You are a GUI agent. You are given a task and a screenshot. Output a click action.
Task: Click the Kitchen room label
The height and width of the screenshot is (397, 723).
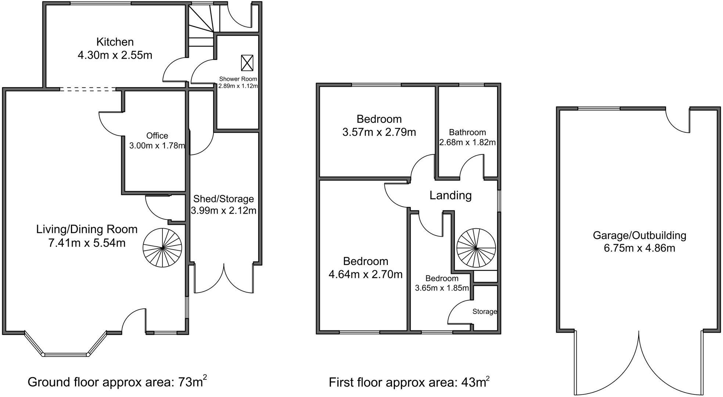pyautogui.click(x=115, y=42)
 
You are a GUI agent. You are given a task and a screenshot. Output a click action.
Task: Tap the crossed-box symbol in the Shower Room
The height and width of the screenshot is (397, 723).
pyautogui.click(x=247, y=63)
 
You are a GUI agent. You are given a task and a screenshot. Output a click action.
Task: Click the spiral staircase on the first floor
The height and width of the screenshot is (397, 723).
pyautogui.click(x=476, y=248)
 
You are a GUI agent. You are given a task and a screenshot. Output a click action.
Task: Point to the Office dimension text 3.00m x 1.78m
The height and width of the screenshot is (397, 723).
pyautogui.click(x=157, y=146)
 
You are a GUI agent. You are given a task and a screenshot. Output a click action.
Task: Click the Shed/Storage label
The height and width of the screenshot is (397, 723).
pyautogui.click(x=223, y=199)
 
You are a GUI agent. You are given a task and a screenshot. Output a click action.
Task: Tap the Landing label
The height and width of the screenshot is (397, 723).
pyautogui.click(x=450, y=195)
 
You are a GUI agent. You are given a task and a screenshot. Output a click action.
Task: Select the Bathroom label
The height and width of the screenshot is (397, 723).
pyautogui.click(x=467, y=132)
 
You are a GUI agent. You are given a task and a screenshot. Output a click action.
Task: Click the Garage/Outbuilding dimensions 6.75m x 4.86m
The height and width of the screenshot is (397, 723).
pyautogui.click(x=639, y=248)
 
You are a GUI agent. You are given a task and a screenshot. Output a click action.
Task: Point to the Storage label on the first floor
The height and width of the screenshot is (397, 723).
pyautogui.click(x=485, y=312)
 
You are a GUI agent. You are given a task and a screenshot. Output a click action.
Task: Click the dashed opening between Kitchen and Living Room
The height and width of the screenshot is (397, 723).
pyautogui.click(x=88, y=89)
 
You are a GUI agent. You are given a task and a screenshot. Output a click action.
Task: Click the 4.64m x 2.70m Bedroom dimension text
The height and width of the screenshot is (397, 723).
pyautogui.click(x=366, y=274)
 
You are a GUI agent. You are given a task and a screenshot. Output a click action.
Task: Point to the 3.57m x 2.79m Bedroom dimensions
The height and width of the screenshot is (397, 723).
pyautogui.click(x=379, y=132)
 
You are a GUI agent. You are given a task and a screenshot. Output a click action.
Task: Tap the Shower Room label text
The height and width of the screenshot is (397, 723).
pyautogui.click(x=238, y=79)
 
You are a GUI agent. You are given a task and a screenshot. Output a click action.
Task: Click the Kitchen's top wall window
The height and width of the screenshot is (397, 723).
pyautogui.click(x=101, y=4)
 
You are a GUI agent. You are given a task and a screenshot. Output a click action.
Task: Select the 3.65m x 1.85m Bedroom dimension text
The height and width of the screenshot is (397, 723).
pyautogui.click(x=442, y=288)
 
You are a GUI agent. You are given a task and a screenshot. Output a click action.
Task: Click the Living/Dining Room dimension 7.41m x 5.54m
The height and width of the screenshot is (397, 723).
pyautogui.click(x=87, y=243)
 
